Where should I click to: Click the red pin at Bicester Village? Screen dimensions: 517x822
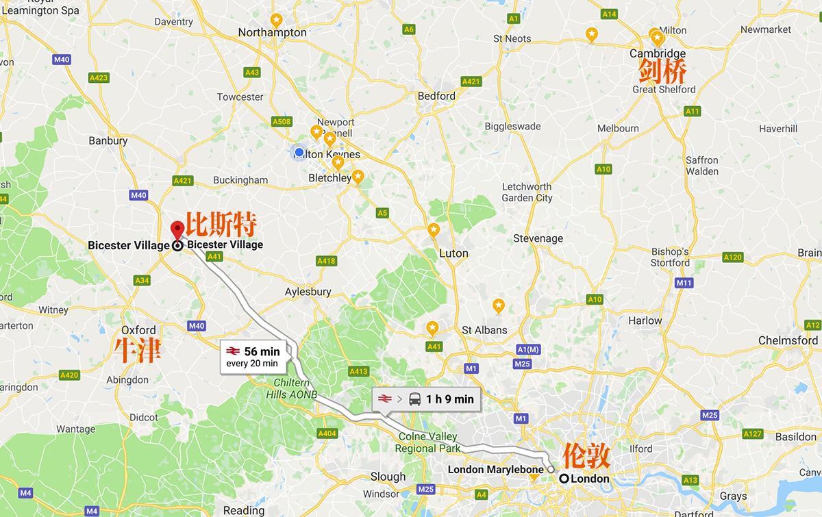click(x=177, y=230)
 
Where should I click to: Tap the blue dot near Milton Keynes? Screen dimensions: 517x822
click(x=299, y=151)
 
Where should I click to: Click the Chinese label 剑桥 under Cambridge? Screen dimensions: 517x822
click(x=662, y=71)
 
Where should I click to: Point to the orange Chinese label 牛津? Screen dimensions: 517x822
click(x=138, y=350)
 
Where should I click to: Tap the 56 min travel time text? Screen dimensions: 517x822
click(x=262, y=352)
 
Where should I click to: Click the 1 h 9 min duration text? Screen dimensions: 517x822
click(x=449, y=399)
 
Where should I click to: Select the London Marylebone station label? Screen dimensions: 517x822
click(x=495, y=469)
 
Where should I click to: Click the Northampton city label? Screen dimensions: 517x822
click(x=272, y=32)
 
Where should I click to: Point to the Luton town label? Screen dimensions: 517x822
click(x=453, y=253)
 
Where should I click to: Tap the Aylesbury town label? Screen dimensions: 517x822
click(x=308, y=292)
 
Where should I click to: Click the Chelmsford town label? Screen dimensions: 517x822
click(x=788, y=340)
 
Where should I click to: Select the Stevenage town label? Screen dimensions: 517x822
click(x=538, y=238)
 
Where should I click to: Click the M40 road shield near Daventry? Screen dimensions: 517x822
click(x=61, y=60)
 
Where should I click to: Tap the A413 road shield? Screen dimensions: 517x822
click(x=358, y=372)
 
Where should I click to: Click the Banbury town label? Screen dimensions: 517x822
click(x=108, y=141)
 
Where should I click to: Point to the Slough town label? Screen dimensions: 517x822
click(x=388, y=477)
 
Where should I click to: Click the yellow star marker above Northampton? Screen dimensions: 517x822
click(x=276, y=19)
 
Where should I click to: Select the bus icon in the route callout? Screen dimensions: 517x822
click(x=415, y=399)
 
